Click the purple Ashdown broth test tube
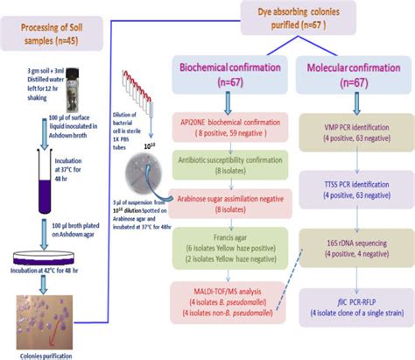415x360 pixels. click(31, 166)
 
